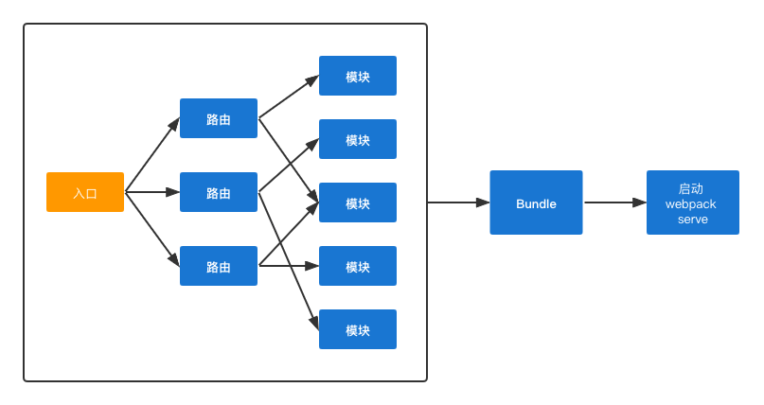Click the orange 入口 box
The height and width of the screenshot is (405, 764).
click(85, 192)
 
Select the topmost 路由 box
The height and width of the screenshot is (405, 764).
click(219, 118)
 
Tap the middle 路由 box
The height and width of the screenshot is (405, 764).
click(219, 192)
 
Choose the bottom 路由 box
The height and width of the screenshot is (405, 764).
click(219, 266)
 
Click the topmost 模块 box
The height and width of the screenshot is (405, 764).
click(358, 76)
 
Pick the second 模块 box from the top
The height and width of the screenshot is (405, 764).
click(358, 139)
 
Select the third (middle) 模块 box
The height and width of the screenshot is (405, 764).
click(358, 202)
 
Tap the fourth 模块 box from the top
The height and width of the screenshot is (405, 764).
click(358, 266)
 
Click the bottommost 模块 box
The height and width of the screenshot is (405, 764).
click(358, 329)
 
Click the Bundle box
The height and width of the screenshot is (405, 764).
click(536, 202)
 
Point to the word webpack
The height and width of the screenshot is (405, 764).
click(691, 203)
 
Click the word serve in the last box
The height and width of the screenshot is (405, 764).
click(693, 219)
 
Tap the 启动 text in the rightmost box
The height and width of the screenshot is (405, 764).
click(691, 188)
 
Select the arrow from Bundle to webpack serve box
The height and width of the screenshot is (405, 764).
click(614, 202)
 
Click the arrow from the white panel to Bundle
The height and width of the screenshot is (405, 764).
click(458, 202)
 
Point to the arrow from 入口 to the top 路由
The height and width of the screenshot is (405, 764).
click(152, 154)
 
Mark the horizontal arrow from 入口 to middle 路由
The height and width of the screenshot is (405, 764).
click(152, 192)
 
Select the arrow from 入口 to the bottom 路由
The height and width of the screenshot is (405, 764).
click(152, 229)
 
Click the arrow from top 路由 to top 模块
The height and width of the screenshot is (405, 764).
click(289, 97)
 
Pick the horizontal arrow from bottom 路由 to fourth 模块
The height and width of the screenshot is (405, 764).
click(289, 266)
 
